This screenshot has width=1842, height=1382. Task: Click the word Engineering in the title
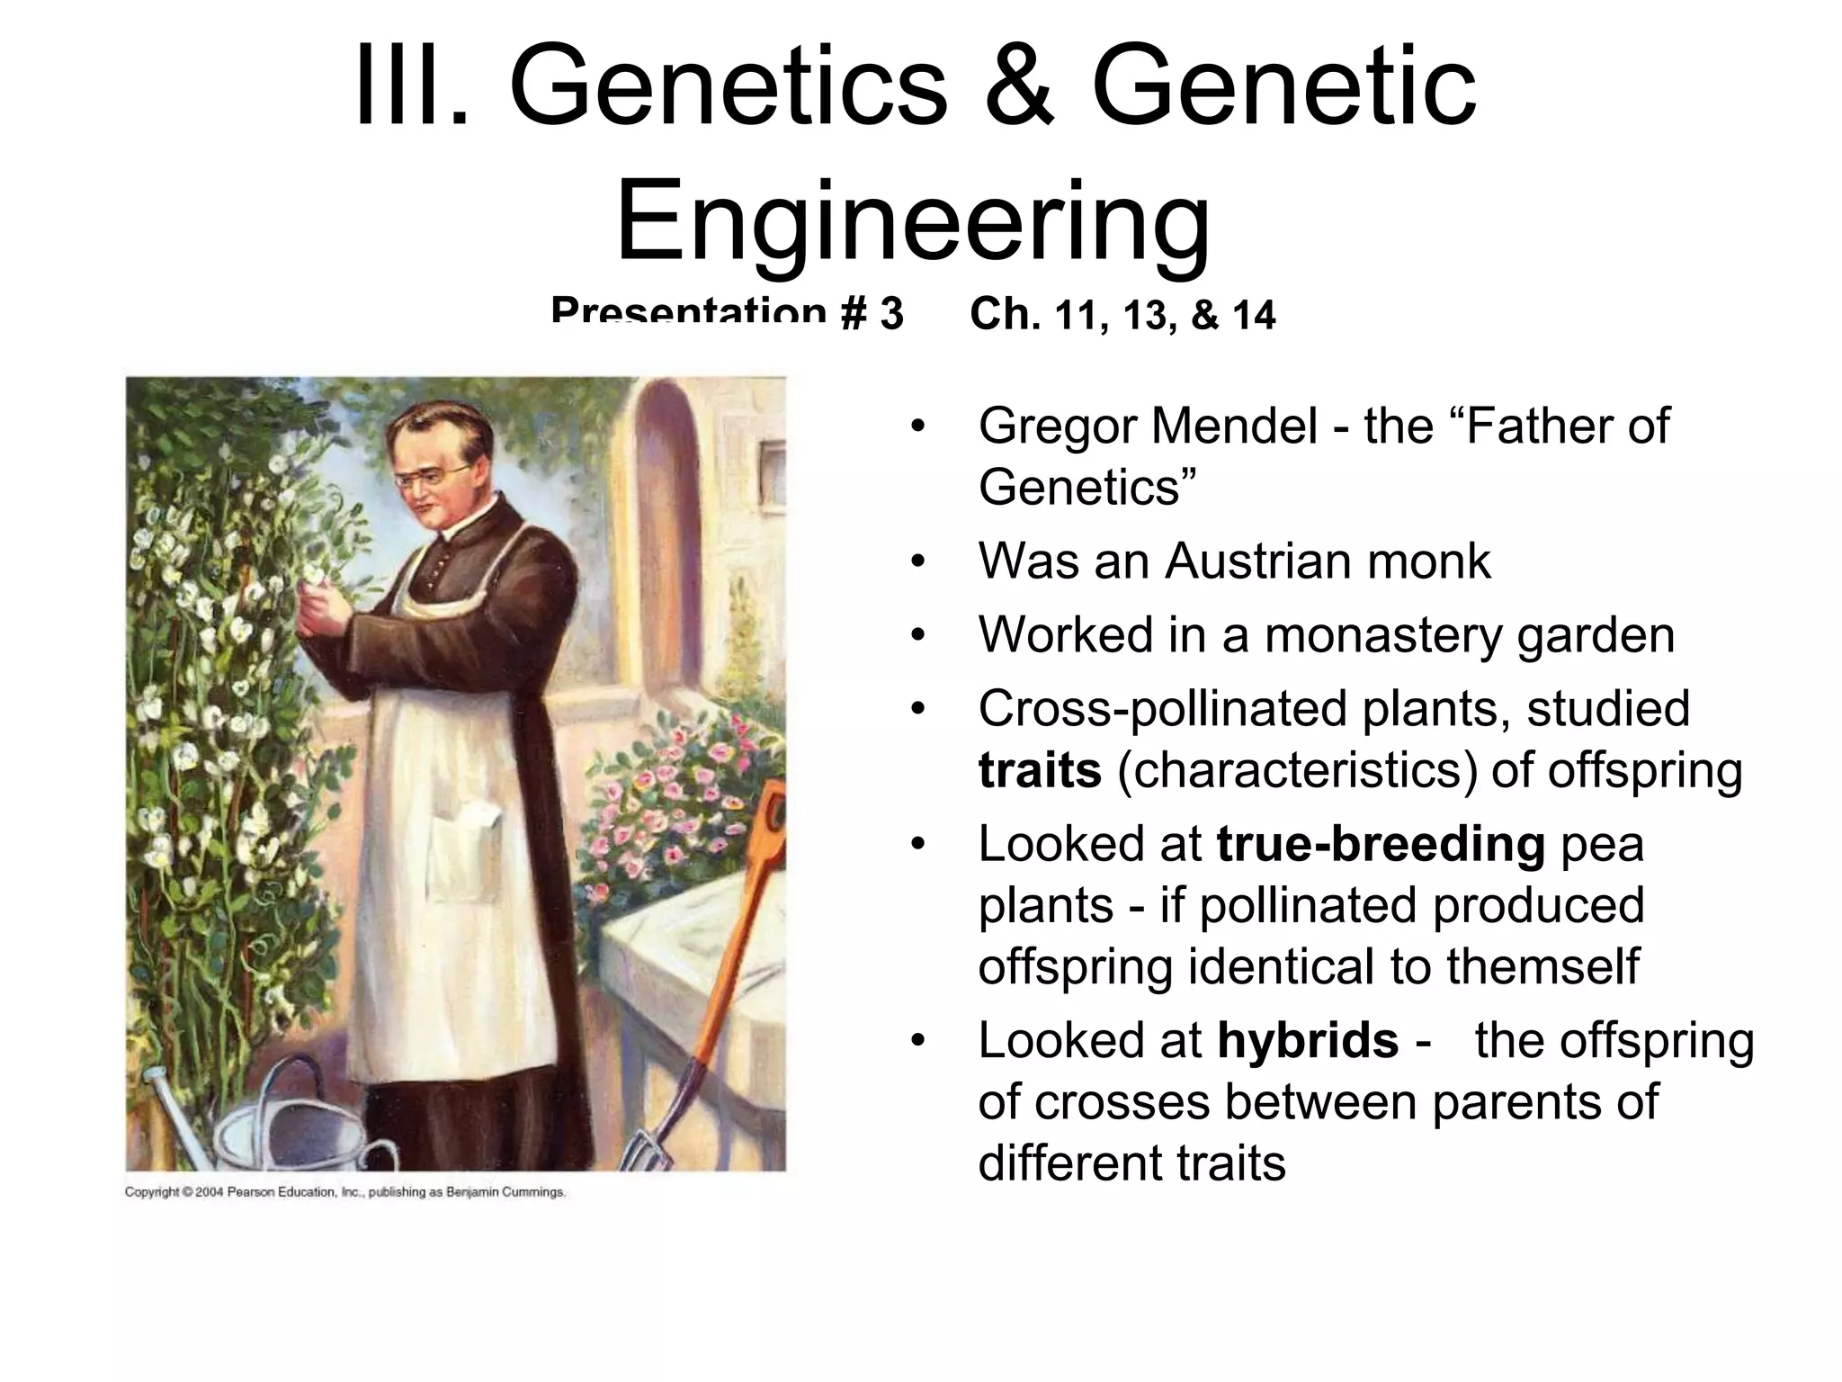tap(912, 220)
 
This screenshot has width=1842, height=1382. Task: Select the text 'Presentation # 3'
tap(727, 312)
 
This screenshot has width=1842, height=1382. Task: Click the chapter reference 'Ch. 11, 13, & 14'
tap(1122, 314)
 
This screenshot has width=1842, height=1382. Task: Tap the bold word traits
tap(1039, 771)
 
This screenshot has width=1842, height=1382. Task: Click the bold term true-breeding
tap(1380, 845)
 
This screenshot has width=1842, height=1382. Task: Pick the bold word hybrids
tap(1307, 1041)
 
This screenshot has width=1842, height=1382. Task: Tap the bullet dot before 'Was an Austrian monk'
tap(917, 562)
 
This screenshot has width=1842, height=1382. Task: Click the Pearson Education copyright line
tap(344, 1192)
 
